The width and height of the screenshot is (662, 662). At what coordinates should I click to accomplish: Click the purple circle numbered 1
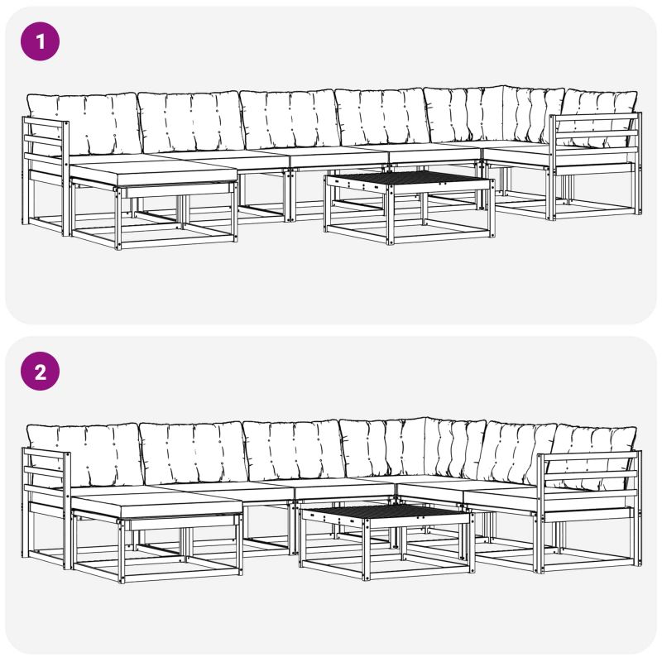[x=40, y=41]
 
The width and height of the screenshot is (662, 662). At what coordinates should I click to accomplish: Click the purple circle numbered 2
[x=40, y=372]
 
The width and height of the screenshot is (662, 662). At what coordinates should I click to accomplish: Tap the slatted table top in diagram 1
[x=408, y=179]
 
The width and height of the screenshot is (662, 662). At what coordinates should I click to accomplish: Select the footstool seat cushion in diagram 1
[x=153, y=172]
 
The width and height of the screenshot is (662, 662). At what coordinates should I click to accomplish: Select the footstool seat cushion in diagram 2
[x=156, y=505]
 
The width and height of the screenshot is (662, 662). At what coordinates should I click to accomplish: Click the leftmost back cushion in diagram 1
[x=84, y=124]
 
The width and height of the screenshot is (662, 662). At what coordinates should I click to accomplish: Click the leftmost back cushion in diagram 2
[x=84, y=456]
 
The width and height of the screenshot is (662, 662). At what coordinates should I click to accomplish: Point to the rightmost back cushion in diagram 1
[x=598, y=118]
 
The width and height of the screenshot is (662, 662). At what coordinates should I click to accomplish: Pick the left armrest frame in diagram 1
[x=46, y=175]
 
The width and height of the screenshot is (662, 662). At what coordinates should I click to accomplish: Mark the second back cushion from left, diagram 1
[x=191, y=122]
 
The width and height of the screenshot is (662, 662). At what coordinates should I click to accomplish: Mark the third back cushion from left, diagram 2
[x=294, y=451]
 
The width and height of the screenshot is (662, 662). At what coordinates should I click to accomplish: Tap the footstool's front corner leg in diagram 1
[x=118, y=218]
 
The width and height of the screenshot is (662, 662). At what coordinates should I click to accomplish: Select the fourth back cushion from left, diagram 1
[x=383, y=118]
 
